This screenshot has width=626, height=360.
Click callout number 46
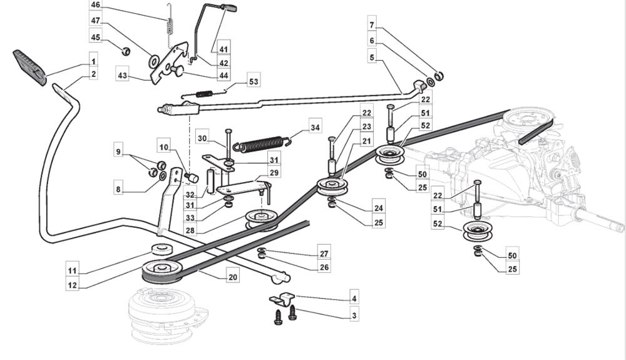[x=95, y=5]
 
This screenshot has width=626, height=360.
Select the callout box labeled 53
[x=254, y=81]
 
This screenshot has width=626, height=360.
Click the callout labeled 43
[x=123, y=76]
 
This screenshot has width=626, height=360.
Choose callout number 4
[x=354, y=299]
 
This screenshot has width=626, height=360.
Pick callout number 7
[x=371, y=25]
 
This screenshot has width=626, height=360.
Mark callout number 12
[x=73, y=285]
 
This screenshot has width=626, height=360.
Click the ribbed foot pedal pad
[x=29, y=66]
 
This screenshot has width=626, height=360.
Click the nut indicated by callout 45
[x=125, y=51]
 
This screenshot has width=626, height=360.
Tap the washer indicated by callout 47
[x=153, y=61]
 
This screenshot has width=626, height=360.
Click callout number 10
[x=163, y=147]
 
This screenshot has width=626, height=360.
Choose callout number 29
[x=274, y=173]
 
